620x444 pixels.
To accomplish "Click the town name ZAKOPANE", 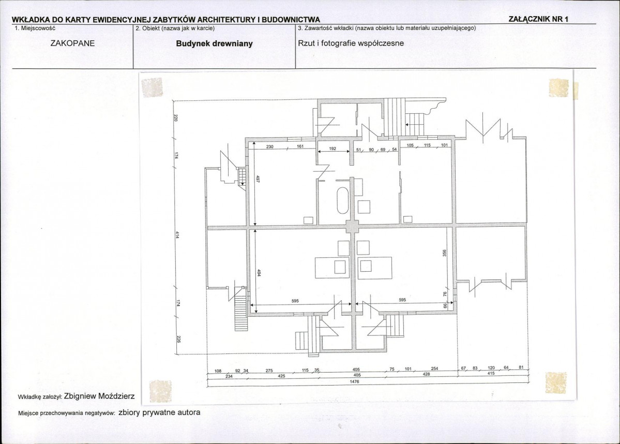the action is click(x=73, y=43).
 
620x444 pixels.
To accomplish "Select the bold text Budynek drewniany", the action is click(x=214, y=43).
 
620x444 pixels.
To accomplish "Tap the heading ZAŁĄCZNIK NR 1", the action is click(x=538, y=19).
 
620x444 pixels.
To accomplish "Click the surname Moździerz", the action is click(x=116, y=396).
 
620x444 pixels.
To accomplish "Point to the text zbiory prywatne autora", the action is click(x=159, y=412).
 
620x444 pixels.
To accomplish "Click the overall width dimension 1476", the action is click(x=355, y=381).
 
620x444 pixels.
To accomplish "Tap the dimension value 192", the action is click(x=332, y=149).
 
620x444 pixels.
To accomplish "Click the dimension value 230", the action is click(x=269, y=147).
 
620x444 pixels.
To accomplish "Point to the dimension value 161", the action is click(x=300, y=146).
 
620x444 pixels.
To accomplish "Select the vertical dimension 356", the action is click(x=444, y=253).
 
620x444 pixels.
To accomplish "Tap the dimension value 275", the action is click(x=269, y=371).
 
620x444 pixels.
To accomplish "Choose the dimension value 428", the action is click(x=426, y=374).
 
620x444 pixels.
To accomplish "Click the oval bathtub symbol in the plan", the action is click(x=342, y=201).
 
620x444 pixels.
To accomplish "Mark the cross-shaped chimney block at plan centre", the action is click(x=352, y=228).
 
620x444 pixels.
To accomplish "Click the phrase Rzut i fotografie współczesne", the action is click(x=351, y=43).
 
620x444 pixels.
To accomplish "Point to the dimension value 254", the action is click(x=434, y=368).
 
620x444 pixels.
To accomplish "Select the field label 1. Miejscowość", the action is click(x=35, y=28).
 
